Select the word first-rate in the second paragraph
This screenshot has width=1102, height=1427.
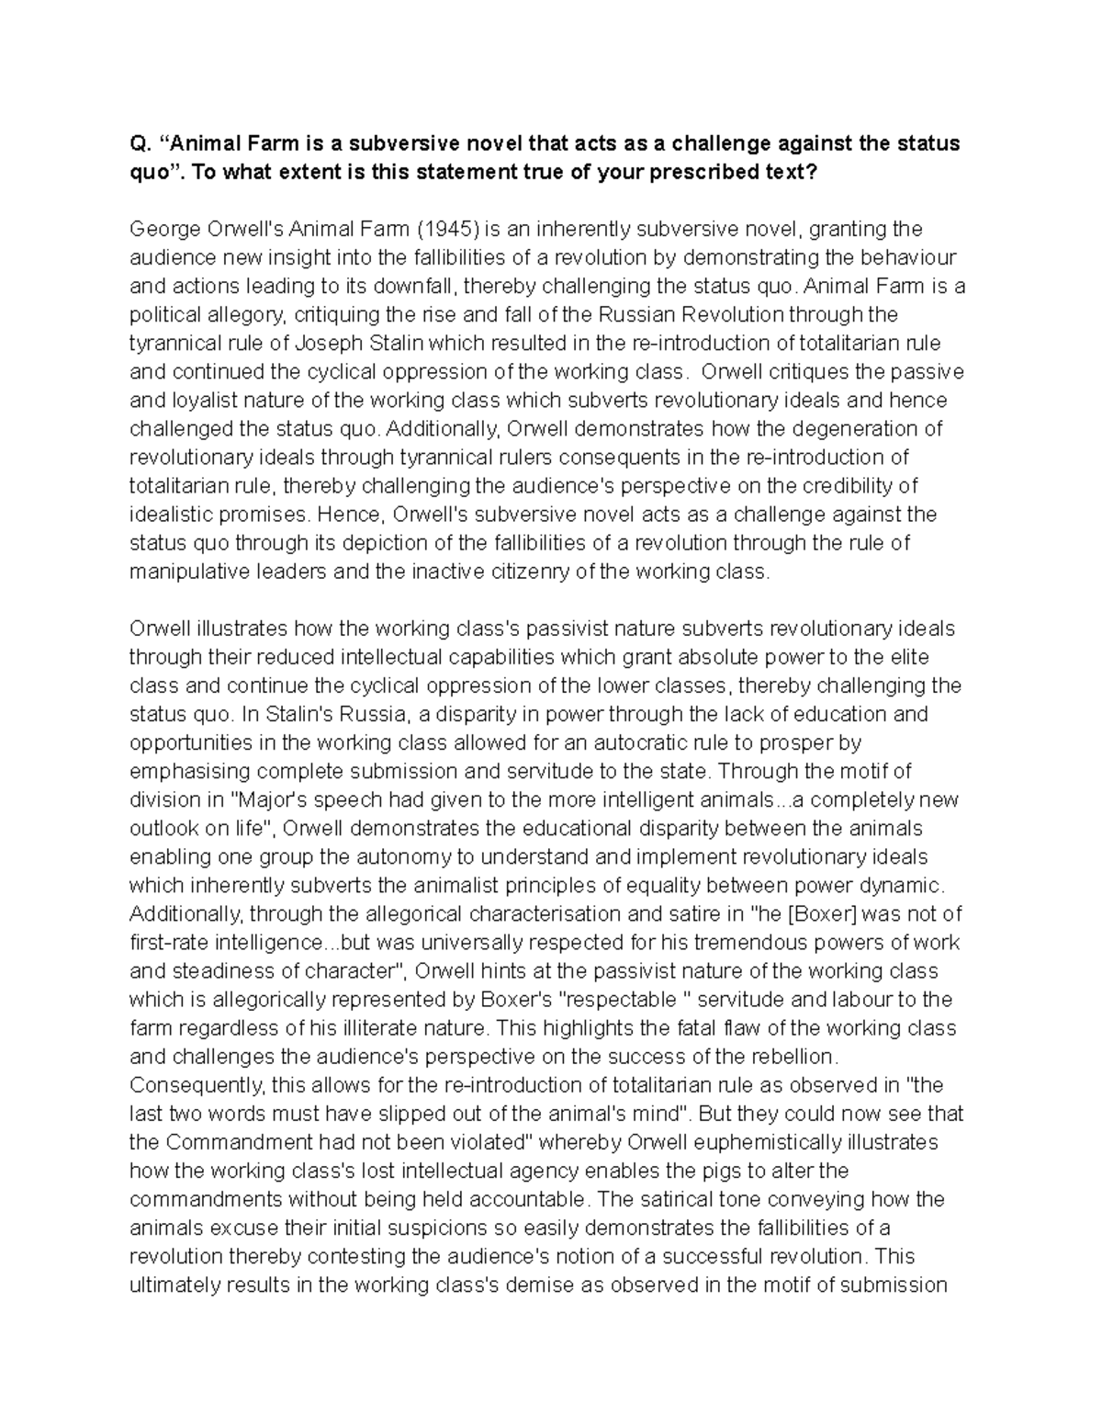168,942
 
